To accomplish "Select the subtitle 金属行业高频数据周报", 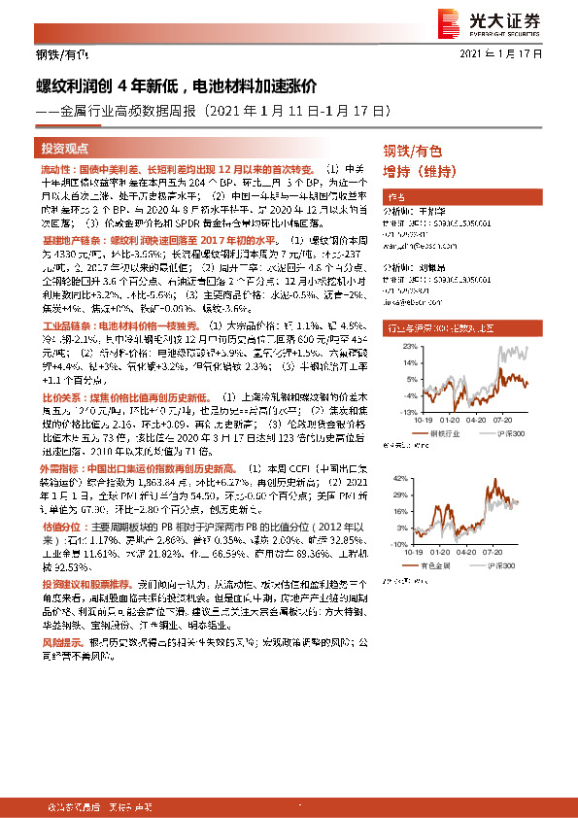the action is (x=126, y=111).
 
